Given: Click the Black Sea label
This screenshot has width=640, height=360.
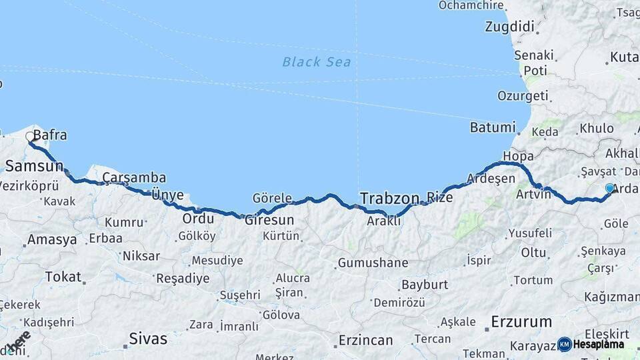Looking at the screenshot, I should (x=316, y=62).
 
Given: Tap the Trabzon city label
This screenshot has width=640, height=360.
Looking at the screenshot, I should (x=389, y=198).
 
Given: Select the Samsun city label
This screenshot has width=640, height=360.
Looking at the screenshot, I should (x=34, y=165).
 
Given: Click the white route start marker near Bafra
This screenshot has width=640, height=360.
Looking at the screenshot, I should (x=30, y=137).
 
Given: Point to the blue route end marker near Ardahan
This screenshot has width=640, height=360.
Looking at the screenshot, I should (x=609, y=189).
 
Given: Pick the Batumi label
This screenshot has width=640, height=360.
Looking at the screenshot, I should (x=493, y=127).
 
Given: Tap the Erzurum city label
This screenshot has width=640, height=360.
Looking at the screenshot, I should (x=521, y=322).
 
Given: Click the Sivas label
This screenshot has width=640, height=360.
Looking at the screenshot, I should (x=148, y=338).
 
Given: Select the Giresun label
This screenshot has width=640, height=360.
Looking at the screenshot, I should (x=269, y=219).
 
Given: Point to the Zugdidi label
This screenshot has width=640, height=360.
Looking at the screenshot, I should (x=510, y=27).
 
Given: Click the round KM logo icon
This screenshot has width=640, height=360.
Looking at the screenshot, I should (x=565, y=344).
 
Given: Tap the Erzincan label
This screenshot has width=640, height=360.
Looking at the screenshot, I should (x=365, y=340).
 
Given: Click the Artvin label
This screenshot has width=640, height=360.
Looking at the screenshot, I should (x=533, y=194).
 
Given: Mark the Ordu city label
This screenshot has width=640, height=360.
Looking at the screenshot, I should (x=198, y=219).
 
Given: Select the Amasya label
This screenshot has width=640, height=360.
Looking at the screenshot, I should (x=52, y=239).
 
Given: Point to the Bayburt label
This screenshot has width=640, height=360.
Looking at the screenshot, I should (x=423, y=285).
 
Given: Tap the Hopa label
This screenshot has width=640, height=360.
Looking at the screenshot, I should (x=519, y=156).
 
